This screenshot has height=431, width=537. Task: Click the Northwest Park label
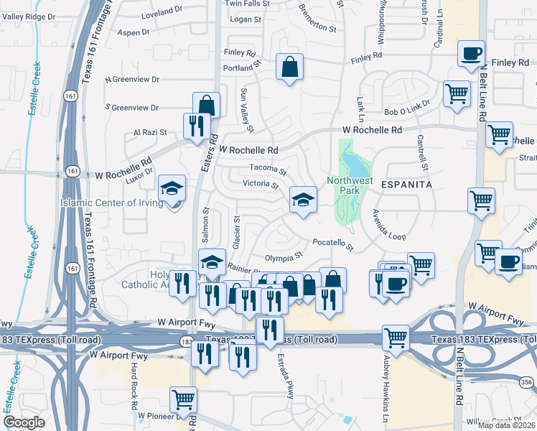tap(350, 186)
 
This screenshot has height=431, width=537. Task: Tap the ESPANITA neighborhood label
tap(411, 185)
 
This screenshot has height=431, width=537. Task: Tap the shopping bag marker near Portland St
tap(289, 68)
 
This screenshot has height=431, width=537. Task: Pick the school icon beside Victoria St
tap(303, 199)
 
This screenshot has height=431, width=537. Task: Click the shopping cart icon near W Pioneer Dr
tap(183, 399)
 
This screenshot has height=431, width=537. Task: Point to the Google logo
tap(24, 422)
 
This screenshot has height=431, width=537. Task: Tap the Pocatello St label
tap(333, 245)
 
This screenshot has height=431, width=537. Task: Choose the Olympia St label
tap(284, 256)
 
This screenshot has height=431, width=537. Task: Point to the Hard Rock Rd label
tap(134, 385)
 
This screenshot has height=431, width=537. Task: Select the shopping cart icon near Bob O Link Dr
tap(457, 93)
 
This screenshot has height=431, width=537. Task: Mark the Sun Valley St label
tap(247, 110)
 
